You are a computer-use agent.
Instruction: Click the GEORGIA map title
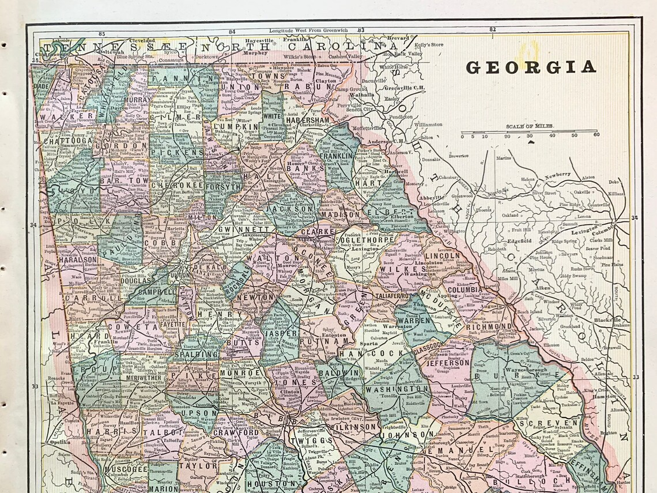pyautogui.click(x=530, y=67)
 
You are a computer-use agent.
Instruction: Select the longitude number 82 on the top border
pyautogui.click(x=492, y=29)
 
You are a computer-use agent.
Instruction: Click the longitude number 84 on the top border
pyautogui.click(x=232, y=32)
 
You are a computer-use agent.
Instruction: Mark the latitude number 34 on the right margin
pyautogui.click(x=635, y=217)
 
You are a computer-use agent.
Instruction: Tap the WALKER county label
pyautogui.click(x=74, y=116)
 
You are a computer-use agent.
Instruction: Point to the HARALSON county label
pyautogui.click(x=77, y=260)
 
